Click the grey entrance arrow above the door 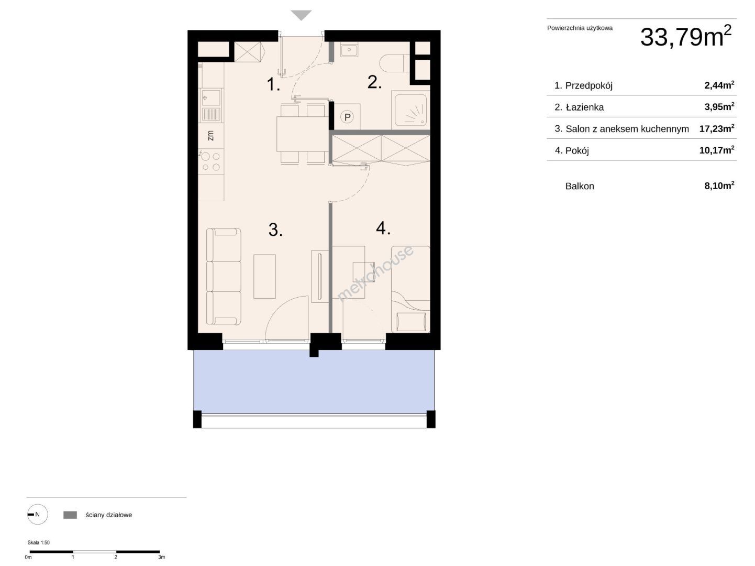(x=301, y=15)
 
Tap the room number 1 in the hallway (x=273, y=84)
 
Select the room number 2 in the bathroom (x=374, y=82)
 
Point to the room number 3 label (x=275, y=230)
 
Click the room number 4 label (x=383, y=228)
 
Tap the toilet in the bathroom (x=395, y=63)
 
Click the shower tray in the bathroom (x=410, y=110)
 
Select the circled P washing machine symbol (x=348, y=117)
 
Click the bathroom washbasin (x=349, y=50)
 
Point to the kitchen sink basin (x=210, y=98)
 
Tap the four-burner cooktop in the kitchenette (x=211, y=161)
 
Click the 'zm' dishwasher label (x=210, y=135)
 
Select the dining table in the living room (x=302, y=134)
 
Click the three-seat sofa (x=224, y=277)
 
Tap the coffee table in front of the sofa (x=264, y=277)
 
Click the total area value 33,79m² (x=685, y=37)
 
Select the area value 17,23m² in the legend (x=717, y=128)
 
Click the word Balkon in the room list (x=580, y=186)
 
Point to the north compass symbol (x=38, y=514)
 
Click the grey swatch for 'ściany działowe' (x=70, y=515)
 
